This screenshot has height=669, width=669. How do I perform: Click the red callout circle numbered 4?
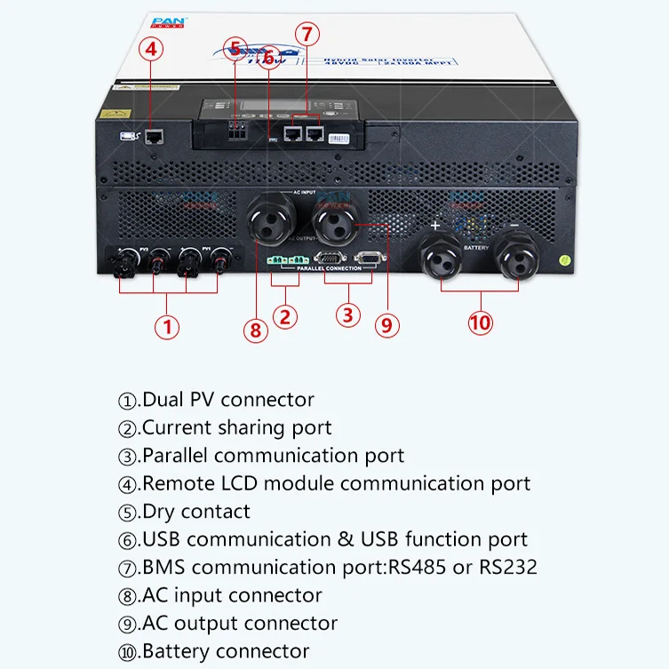[x=151, y=50]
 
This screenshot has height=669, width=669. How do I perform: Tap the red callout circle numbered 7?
[x=307, y=35]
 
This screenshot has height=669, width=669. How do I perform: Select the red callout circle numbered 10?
[x=480, y=323]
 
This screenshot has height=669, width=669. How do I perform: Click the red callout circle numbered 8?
[x=255, y=331]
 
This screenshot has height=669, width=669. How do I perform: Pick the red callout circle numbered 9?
[x=385, y=324]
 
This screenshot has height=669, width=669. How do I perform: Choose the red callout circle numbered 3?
[x=347, y=315]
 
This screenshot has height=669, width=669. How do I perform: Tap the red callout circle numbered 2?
[x=284, y=316]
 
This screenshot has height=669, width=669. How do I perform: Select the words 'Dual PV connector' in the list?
[x=228, y=400]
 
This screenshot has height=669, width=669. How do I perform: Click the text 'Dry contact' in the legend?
[x=196, y=512]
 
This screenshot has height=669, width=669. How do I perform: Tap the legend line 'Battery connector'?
[x=226, y=651]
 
